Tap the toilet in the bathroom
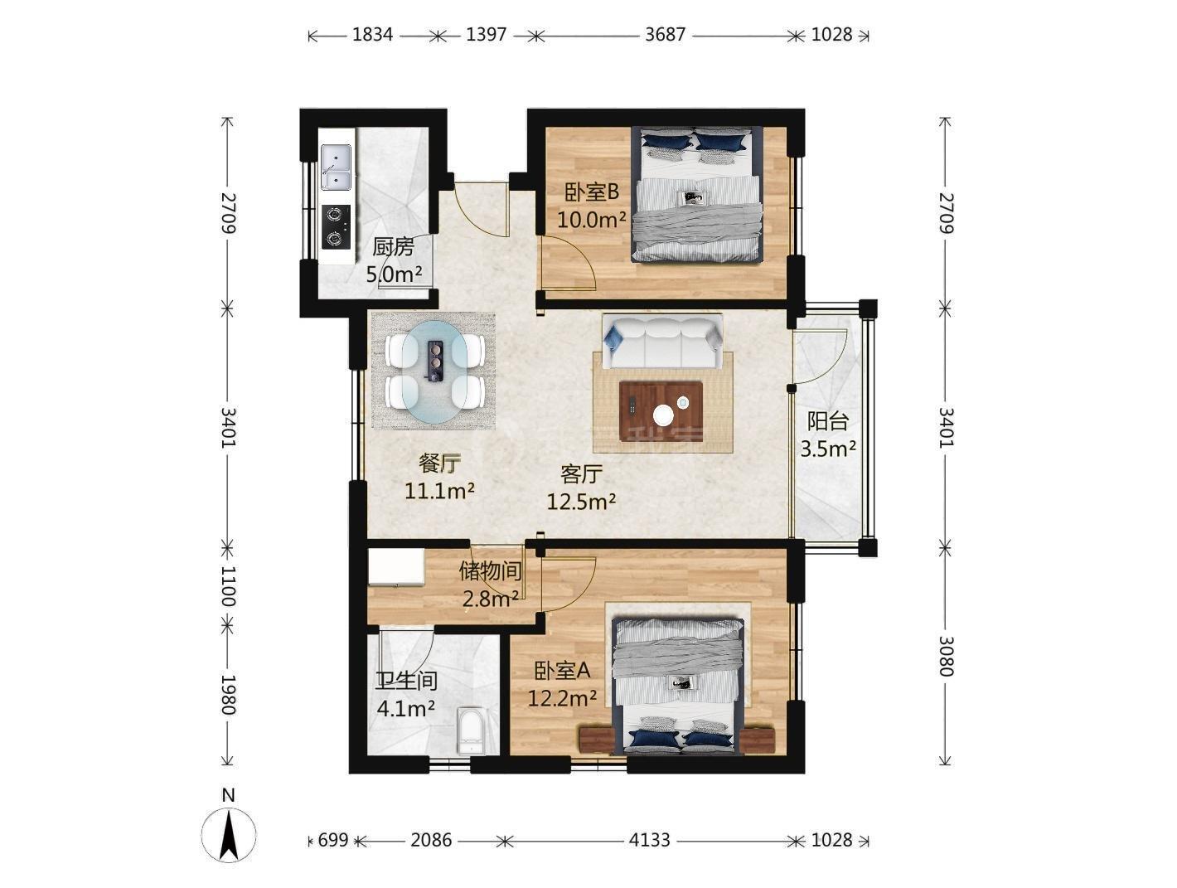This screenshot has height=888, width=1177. (471, 731)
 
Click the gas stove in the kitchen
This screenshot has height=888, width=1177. (336, 226)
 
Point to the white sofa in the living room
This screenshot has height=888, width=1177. (661, 341)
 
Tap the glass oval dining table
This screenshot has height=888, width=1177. (435, 371)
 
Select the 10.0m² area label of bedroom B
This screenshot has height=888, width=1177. (592, 220)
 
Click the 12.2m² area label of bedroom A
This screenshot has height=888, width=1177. (562, 698)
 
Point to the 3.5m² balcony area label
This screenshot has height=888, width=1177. (828, 449)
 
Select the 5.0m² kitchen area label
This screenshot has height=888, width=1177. (394, 274)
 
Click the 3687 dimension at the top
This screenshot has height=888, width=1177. (665, 35)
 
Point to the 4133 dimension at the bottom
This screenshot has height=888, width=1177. (649, 840)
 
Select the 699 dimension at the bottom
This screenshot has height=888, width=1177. (333, 840)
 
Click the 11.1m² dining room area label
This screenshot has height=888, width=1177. (439, 491)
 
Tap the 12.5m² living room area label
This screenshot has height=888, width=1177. (581, 502)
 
